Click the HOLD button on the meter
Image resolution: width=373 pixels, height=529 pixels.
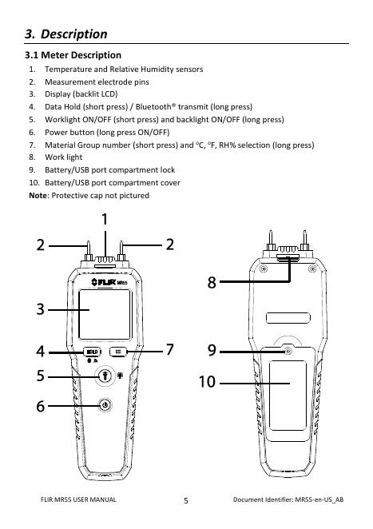tap(92, 352)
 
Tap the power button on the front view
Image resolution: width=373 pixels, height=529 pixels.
tap(105, 405)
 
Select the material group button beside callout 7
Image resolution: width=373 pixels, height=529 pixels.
tap(118, 352)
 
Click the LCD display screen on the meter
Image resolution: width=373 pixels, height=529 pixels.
tap(105, 314)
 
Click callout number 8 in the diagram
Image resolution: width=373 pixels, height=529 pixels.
tap(212, 282)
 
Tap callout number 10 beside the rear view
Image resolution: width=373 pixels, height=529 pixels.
tap(207, 382)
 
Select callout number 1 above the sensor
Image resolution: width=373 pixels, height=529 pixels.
tap(105, 219)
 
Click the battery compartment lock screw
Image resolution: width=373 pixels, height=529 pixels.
tap(288, 352)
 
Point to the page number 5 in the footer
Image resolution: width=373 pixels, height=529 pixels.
tap(186, 501)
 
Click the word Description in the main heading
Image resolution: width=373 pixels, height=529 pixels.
tap(74, 34)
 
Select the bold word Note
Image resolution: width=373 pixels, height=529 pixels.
tap(38, 195)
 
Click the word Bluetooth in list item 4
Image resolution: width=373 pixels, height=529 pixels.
tap(153, 107)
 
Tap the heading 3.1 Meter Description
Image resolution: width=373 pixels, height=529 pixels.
tap(73, 55)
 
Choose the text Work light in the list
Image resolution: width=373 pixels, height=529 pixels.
tap(63, 157)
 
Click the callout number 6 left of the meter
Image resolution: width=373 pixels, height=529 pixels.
tap(41, 406)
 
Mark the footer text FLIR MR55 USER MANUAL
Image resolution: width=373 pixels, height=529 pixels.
tap(78, 499)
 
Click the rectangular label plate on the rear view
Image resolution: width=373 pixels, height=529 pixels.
tap(288, 318)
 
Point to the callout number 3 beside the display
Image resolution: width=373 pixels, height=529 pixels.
tap(41, 309)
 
